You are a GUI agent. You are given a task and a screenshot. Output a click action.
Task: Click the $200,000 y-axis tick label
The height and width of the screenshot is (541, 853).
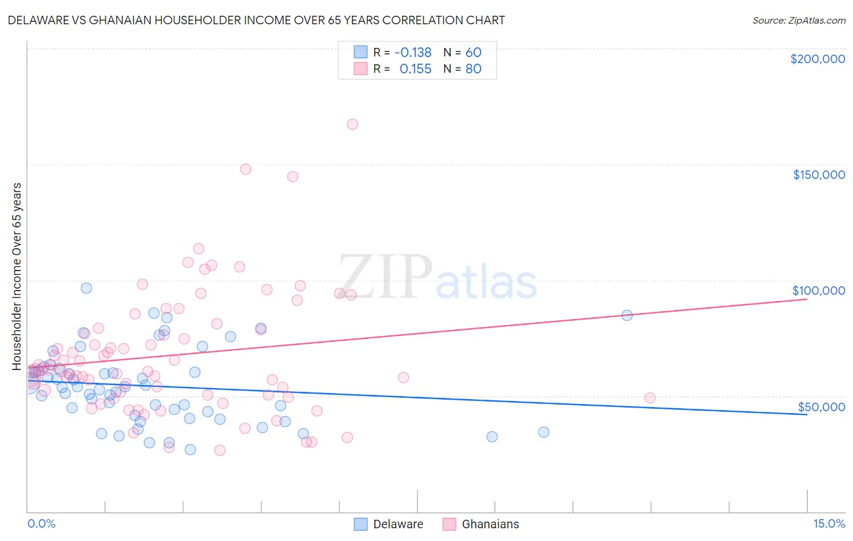[x=817, y=59]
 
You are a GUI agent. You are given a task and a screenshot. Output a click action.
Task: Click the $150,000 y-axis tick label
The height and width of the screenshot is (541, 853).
[x=818, y=175]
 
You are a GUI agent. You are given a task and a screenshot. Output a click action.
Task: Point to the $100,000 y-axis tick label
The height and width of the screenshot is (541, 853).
[x=818, y=291]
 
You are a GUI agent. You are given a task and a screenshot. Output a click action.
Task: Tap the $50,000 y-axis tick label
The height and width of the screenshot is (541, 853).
[x=821, y=407]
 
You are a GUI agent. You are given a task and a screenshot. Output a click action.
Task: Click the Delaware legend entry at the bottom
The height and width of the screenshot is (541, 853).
[x=398, y=525]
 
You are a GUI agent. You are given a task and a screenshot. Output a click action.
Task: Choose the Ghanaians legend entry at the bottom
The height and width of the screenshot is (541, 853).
[x=490, y=525]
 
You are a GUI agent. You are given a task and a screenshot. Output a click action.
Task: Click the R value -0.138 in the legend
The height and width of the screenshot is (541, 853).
[x=413, y=53]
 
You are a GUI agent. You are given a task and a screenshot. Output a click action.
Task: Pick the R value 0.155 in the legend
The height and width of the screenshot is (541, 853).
[x=415, y=69]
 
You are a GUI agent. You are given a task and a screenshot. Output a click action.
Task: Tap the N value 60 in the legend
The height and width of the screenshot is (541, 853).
[x=473, y=53]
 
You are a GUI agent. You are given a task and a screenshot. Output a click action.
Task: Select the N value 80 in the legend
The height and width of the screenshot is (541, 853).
[x=473, y=69]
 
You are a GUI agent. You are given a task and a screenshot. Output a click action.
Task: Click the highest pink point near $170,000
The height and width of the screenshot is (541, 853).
[x=352, y=124]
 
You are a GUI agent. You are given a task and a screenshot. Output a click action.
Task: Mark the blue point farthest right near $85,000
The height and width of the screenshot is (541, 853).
[x=627, y=315]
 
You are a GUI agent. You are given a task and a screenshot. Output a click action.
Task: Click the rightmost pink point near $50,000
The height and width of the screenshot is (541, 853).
[x=650, y=398]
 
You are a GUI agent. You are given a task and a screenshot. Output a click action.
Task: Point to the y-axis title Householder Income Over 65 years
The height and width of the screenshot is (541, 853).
[x=16, y=277]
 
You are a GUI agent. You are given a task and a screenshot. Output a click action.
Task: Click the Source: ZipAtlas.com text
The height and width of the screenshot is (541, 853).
[x=798, y=21]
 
